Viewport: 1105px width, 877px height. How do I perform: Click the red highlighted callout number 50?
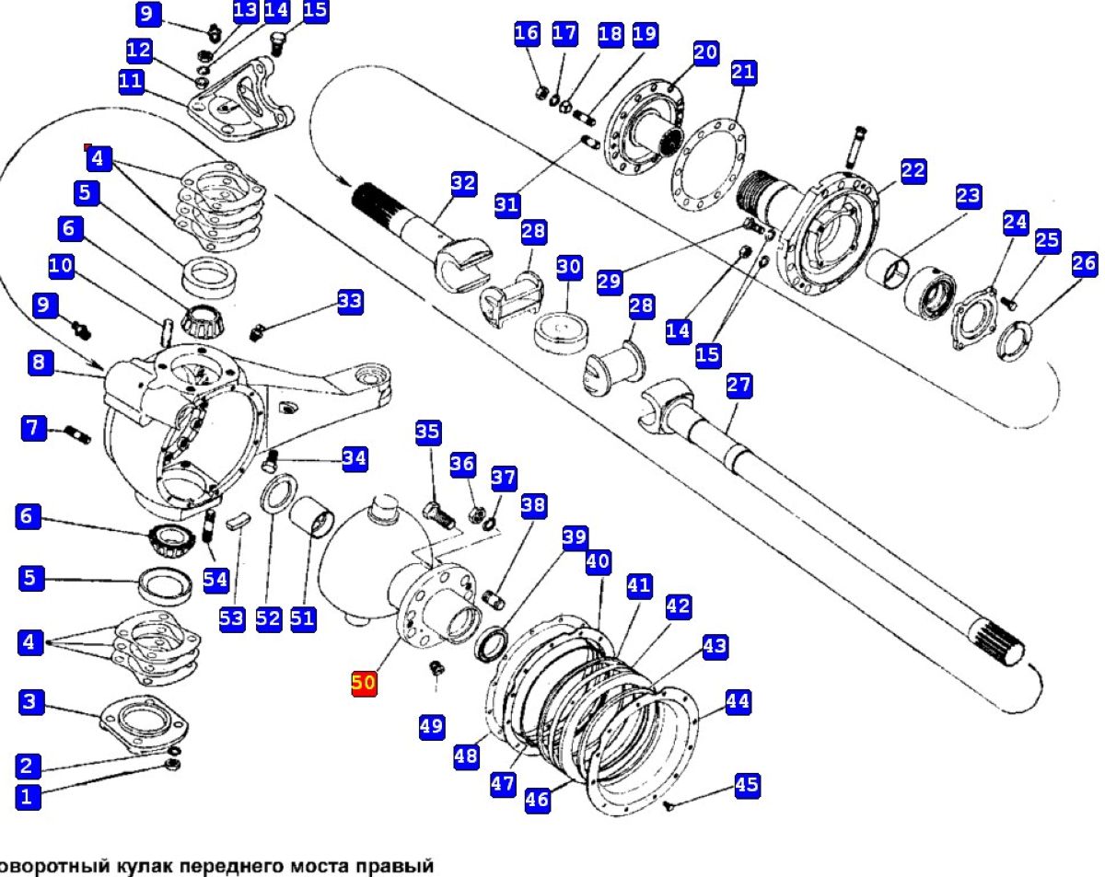click(x=364, y=684)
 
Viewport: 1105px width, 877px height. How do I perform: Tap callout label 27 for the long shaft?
click(x=739, y=386)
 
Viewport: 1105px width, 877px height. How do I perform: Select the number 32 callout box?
click(x=463, y=183)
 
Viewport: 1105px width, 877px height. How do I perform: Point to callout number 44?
click(x=738, y=702)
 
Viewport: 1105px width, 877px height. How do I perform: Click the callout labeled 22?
click(x=913, y=170)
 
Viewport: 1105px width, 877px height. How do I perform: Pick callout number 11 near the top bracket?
click(x=132, y=81)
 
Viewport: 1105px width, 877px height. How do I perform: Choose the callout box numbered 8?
click(x=37, y=363)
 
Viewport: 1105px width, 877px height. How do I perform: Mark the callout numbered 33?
click(x=350, y=301)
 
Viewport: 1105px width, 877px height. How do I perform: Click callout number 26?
click(x=1085, y=264)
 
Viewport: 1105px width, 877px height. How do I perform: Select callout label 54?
click(x=215, y=580)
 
